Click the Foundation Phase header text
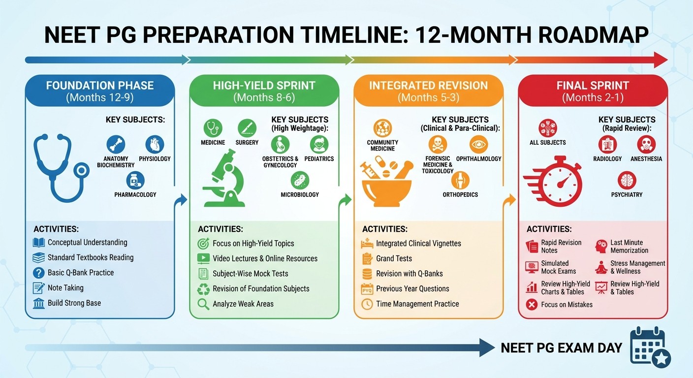pos(100,85)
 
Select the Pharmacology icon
pos(135,181)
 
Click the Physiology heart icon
pos(155,145)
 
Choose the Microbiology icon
pos(300,181)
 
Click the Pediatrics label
pos(319,158)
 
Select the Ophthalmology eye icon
pos(478,145)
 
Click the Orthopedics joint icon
pos(460,180)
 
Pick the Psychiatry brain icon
pos(627,181)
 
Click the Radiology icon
pos(607,145)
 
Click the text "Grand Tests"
pos(394,258)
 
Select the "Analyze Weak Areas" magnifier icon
pos(203,304)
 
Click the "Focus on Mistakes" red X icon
pos(532,305)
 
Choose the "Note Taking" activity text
pos(65,288)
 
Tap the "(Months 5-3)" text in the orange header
pos(428,97)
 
